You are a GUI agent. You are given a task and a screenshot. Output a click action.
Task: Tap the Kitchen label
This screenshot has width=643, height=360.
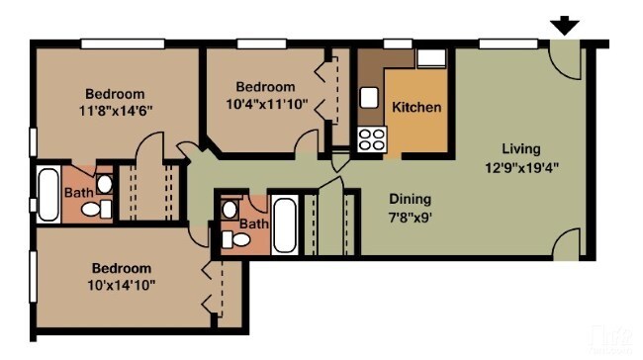click(416, 107)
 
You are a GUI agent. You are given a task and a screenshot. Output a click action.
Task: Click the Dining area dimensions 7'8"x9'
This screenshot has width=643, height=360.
click(411, 215)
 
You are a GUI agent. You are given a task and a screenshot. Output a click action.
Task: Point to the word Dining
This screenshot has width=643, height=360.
click(410, 198)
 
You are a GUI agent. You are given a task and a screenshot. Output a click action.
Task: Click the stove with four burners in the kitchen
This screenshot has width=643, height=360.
click(372, 139)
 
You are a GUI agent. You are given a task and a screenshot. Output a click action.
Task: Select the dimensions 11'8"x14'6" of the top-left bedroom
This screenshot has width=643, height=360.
click(114, 110)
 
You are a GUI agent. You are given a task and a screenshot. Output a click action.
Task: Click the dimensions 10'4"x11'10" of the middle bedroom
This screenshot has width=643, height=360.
click(266, 103)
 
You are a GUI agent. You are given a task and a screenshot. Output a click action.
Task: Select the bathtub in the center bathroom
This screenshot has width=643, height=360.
click(285, 227)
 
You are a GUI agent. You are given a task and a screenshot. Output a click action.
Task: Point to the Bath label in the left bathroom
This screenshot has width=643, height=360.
click(79, 192)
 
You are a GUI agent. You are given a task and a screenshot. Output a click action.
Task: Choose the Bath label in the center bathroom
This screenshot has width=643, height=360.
click(254, 224)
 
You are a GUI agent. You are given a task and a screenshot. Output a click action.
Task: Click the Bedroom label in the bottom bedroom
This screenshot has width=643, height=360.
click(122, 268)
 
